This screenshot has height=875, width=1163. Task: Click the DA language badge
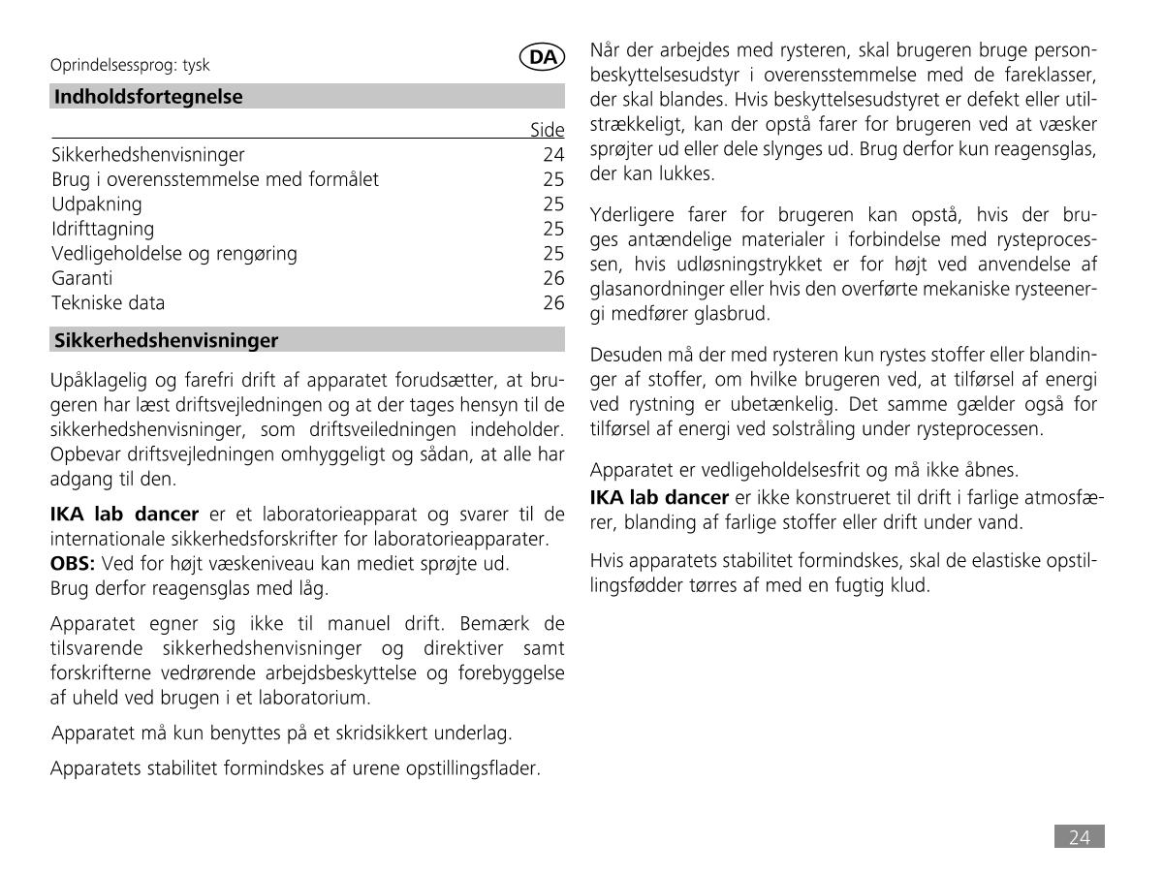(x=543, y=57)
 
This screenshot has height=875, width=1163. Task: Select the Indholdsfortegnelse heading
(x=148, y=97)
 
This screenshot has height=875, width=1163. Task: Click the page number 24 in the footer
(x=1080, y=837)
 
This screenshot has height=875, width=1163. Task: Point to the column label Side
(x=548, y=130)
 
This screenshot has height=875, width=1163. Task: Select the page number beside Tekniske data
(x=553, y=302)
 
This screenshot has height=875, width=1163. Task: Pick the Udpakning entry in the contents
(x=97, y=203)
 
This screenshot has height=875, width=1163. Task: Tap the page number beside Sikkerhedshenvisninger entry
(x=553, y=154)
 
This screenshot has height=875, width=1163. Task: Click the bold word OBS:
(x=72, y=563)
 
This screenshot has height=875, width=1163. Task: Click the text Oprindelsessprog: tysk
(x=130, y=65)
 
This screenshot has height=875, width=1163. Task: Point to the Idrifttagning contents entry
(x=103, y=229)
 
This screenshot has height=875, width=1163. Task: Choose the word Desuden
(x=626, y=355)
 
